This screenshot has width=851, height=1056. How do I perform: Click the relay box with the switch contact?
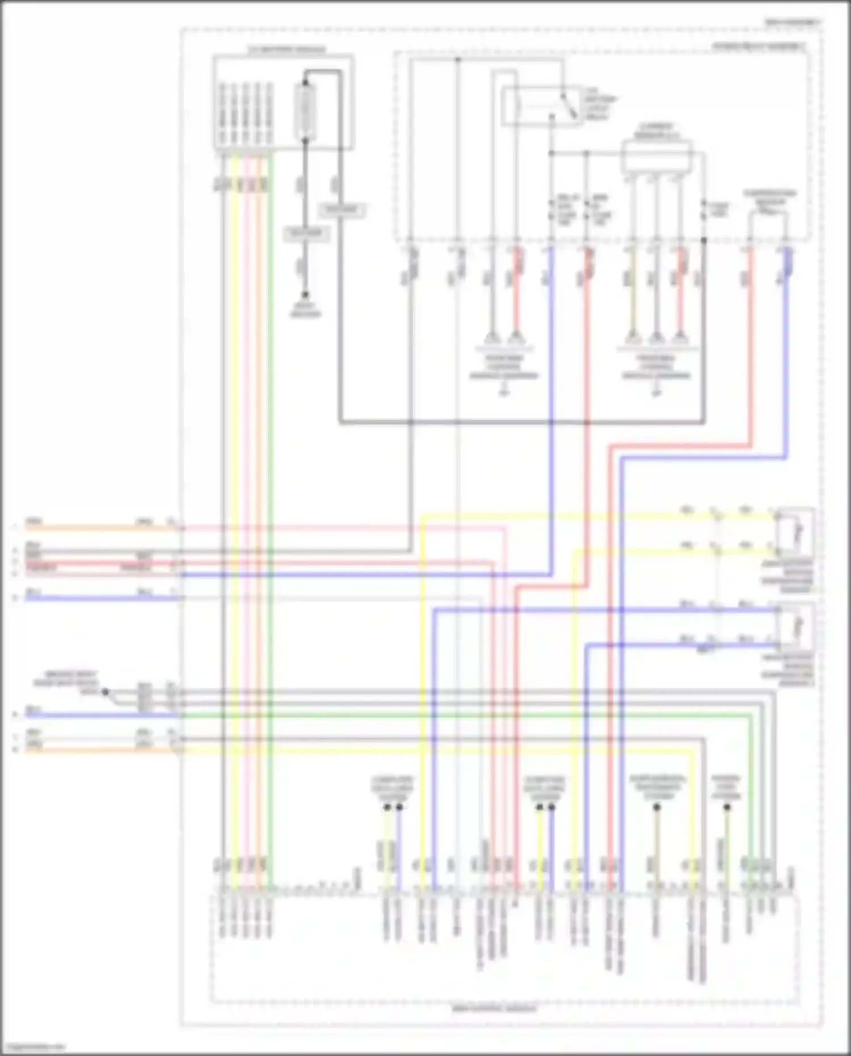point(539,106)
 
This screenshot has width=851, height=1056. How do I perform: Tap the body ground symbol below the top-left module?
point(305,296)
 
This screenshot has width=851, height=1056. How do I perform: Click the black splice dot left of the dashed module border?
point(104,692)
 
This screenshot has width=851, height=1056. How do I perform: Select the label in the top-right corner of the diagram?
point(793,22)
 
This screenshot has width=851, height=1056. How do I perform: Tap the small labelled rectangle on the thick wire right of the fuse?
point(342,211)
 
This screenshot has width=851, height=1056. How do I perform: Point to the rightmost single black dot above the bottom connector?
point(727,807)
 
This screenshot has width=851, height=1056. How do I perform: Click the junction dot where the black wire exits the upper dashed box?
point(703,240)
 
